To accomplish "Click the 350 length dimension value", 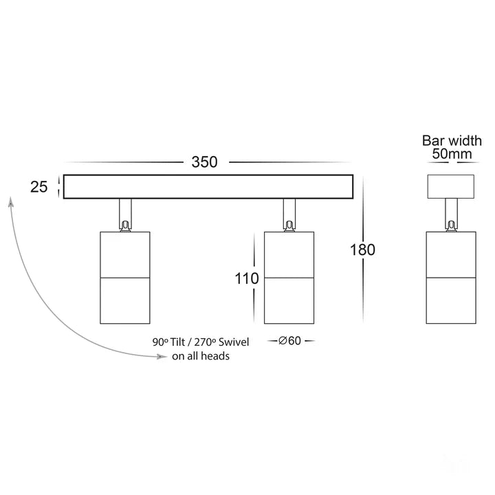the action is coord(204,162).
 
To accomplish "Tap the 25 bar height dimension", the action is coord(38,186).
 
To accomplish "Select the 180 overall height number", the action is coord(362,250).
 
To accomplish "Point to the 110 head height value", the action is coord(247,278).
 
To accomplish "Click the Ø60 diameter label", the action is coord(289,340).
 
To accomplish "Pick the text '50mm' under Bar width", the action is coord(452,154).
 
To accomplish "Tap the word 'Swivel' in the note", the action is coord(234,342).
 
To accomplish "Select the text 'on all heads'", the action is coord(201,356).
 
